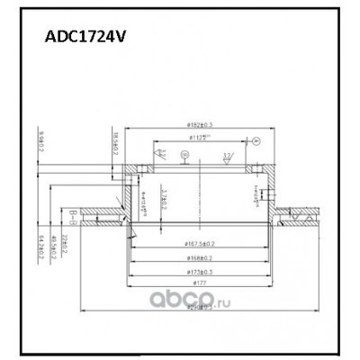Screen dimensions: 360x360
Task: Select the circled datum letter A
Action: coord(255,141)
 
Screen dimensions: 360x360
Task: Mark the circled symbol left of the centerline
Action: coord(183,155)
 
